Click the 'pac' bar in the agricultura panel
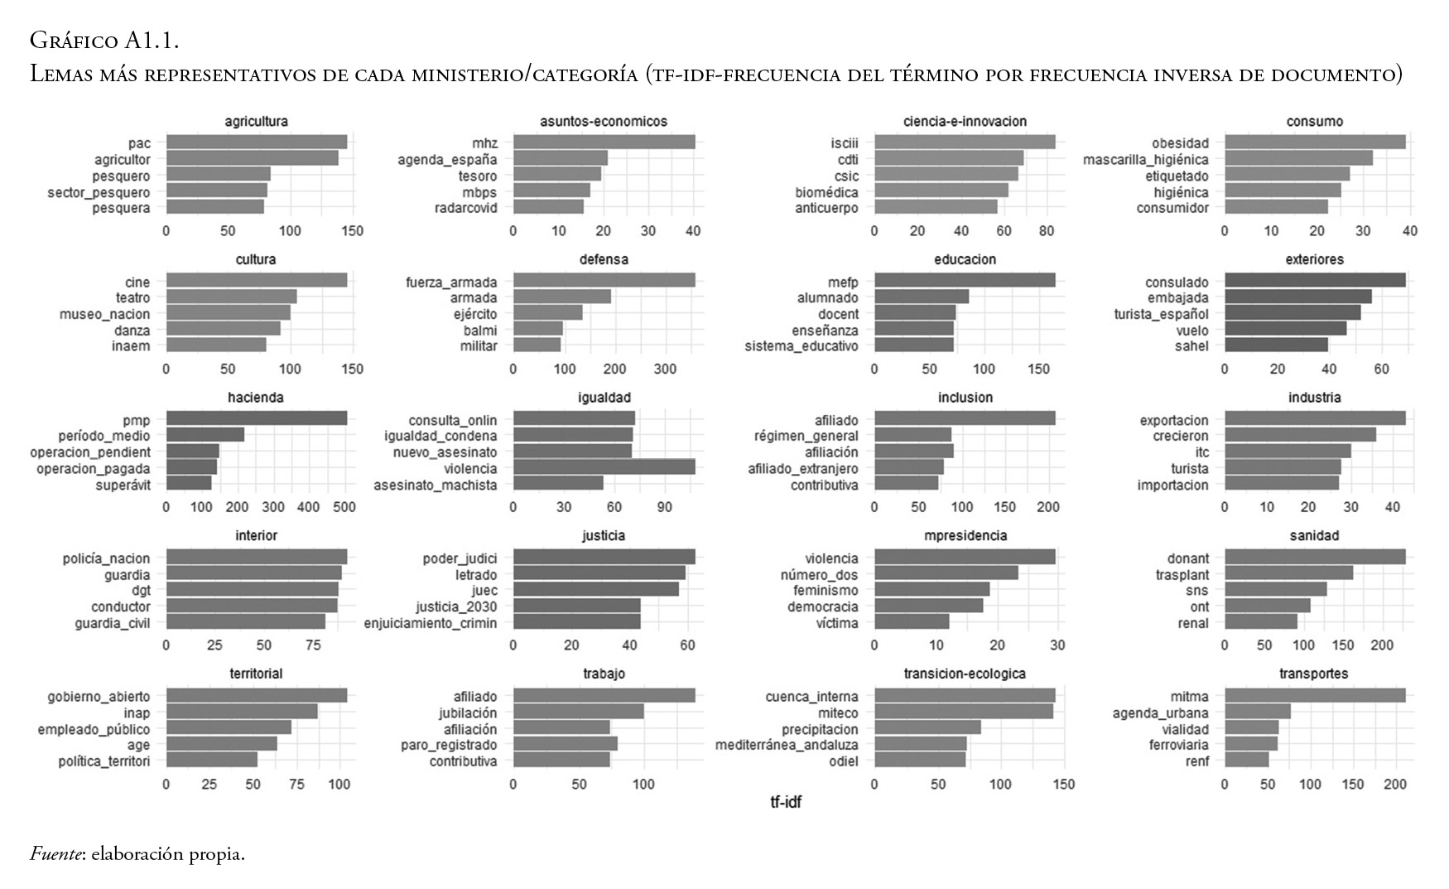(257, 143)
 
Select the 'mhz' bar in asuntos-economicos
(604, 143)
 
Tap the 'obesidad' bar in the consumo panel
(1315, 143)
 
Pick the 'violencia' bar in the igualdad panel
(604, 468)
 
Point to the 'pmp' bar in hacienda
(257, 419)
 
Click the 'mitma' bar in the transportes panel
(1315, 696)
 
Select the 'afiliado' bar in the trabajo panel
(604, 696)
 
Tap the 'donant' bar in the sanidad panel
(1315, 558)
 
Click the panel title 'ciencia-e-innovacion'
(965, 122)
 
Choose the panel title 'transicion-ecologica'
(965, 674)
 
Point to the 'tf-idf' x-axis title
(786, 802)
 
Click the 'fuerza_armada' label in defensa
(451, 282)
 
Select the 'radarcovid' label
(465, 208)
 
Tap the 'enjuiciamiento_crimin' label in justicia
(431, 623)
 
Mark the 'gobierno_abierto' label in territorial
(99, 696)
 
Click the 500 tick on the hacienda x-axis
(344, 507)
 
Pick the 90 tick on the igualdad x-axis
(665, 507)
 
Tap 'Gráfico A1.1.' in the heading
(104, 40)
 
